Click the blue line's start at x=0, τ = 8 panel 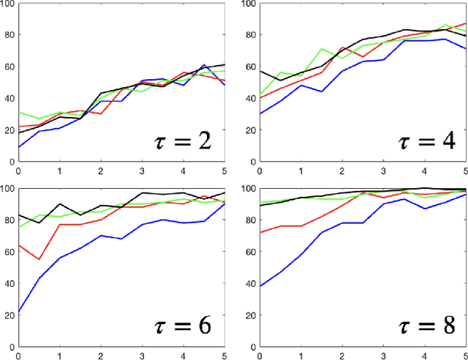click(260, 286)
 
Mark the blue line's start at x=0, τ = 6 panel click(18, 312)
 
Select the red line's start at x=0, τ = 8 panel click(260, 233)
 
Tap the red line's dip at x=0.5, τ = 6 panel click(39, 260)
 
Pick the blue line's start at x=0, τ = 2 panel click(18, 147)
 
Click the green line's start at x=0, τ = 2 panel click(18, 113)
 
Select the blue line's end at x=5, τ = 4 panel click(465, 49)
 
